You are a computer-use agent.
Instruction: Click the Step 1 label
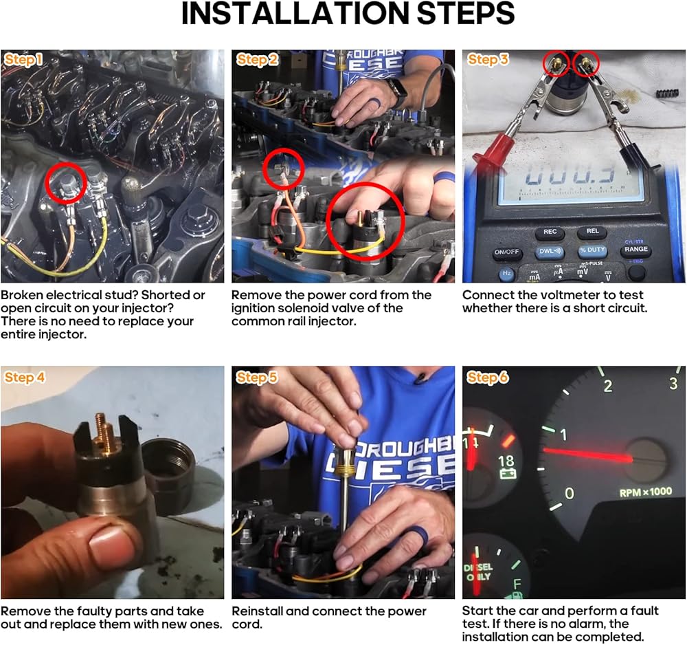[23, 60]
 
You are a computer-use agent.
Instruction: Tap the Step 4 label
[25, 377]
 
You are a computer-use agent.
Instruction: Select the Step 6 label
[487, 377]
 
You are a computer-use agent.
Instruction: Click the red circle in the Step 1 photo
[66, 184]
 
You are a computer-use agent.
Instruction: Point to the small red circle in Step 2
[284, 169]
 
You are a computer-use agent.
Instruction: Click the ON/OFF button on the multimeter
[506, 252]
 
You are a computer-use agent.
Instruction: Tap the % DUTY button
[592, 250]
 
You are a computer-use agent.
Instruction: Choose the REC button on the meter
[550, 232]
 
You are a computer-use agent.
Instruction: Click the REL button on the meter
[592, 231]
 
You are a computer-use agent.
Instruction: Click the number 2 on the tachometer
[608, 386]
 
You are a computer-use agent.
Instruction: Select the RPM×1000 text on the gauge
[645, 492]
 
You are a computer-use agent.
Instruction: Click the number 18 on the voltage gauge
[506, 461]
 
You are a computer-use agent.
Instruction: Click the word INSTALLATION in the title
[295, 14]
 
